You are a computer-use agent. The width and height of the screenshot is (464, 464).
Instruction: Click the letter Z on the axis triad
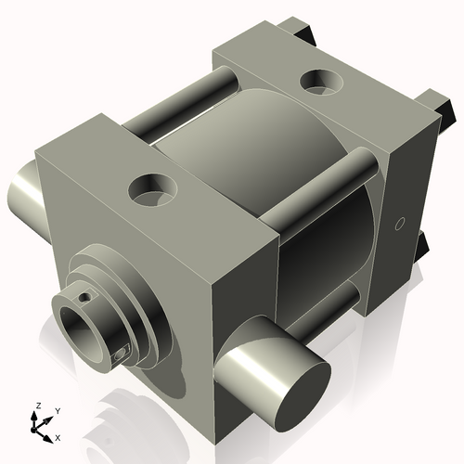pyautogui.click(x=36, y=406)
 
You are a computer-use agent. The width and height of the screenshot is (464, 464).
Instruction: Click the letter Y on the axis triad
pyautogui.click(x=57, y=410)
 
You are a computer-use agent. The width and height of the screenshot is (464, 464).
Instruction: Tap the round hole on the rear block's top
pyautogui.click(x=317, y=82)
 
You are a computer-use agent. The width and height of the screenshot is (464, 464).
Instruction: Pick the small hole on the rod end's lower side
pyautogui.click(x=121, y=353)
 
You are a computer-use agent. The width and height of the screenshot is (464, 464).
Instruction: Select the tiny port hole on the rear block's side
pyautogui.click(x=400, y=223)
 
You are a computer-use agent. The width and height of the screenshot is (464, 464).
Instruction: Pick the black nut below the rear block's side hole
pyautogui.click(x=423, y=247)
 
